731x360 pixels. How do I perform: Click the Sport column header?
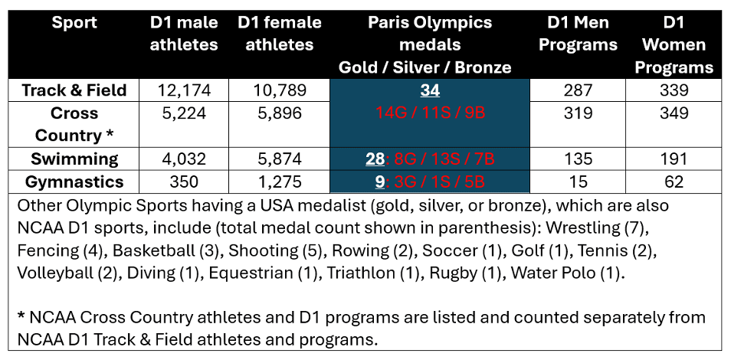[x=74, y=22]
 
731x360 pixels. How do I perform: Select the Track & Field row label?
[x=74, y=90]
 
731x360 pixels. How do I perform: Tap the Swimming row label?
[x=74, y=159]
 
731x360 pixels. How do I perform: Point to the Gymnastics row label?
[x=74, y=182]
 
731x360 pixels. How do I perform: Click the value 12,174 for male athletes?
[x=184, y=90]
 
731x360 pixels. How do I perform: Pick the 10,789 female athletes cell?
[x=279, y=90]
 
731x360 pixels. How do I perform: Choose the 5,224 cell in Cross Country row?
[x=184, y=113]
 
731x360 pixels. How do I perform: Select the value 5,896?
[x=279, y=113]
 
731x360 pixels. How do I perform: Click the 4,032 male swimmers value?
[x=184, y=159]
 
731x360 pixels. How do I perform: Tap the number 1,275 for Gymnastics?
[x=279, y=182]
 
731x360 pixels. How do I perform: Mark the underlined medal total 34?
[x=430, y=90]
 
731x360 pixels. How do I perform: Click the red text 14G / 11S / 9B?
[x=430, y=113]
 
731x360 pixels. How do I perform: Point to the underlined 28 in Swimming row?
[x=375, y=159]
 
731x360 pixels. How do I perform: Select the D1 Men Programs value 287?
[x=578, y=90]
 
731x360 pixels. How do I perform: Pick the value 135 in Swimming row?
[x=578, y=159]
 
